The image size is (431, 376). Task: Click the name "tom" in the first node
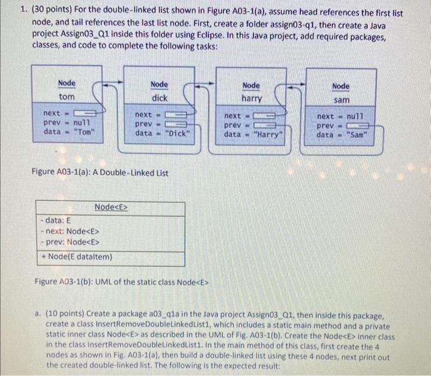[x=66, y=98]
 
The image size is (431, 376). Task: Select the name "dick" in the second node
[x=159, y=98]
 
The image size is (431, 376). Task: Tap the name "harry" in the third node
[x=251, y=99]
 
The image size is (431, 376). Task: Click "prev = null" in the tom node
[x=68, y=123]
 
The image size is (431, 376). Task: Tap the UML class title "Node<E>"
[x=111, y=207]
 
